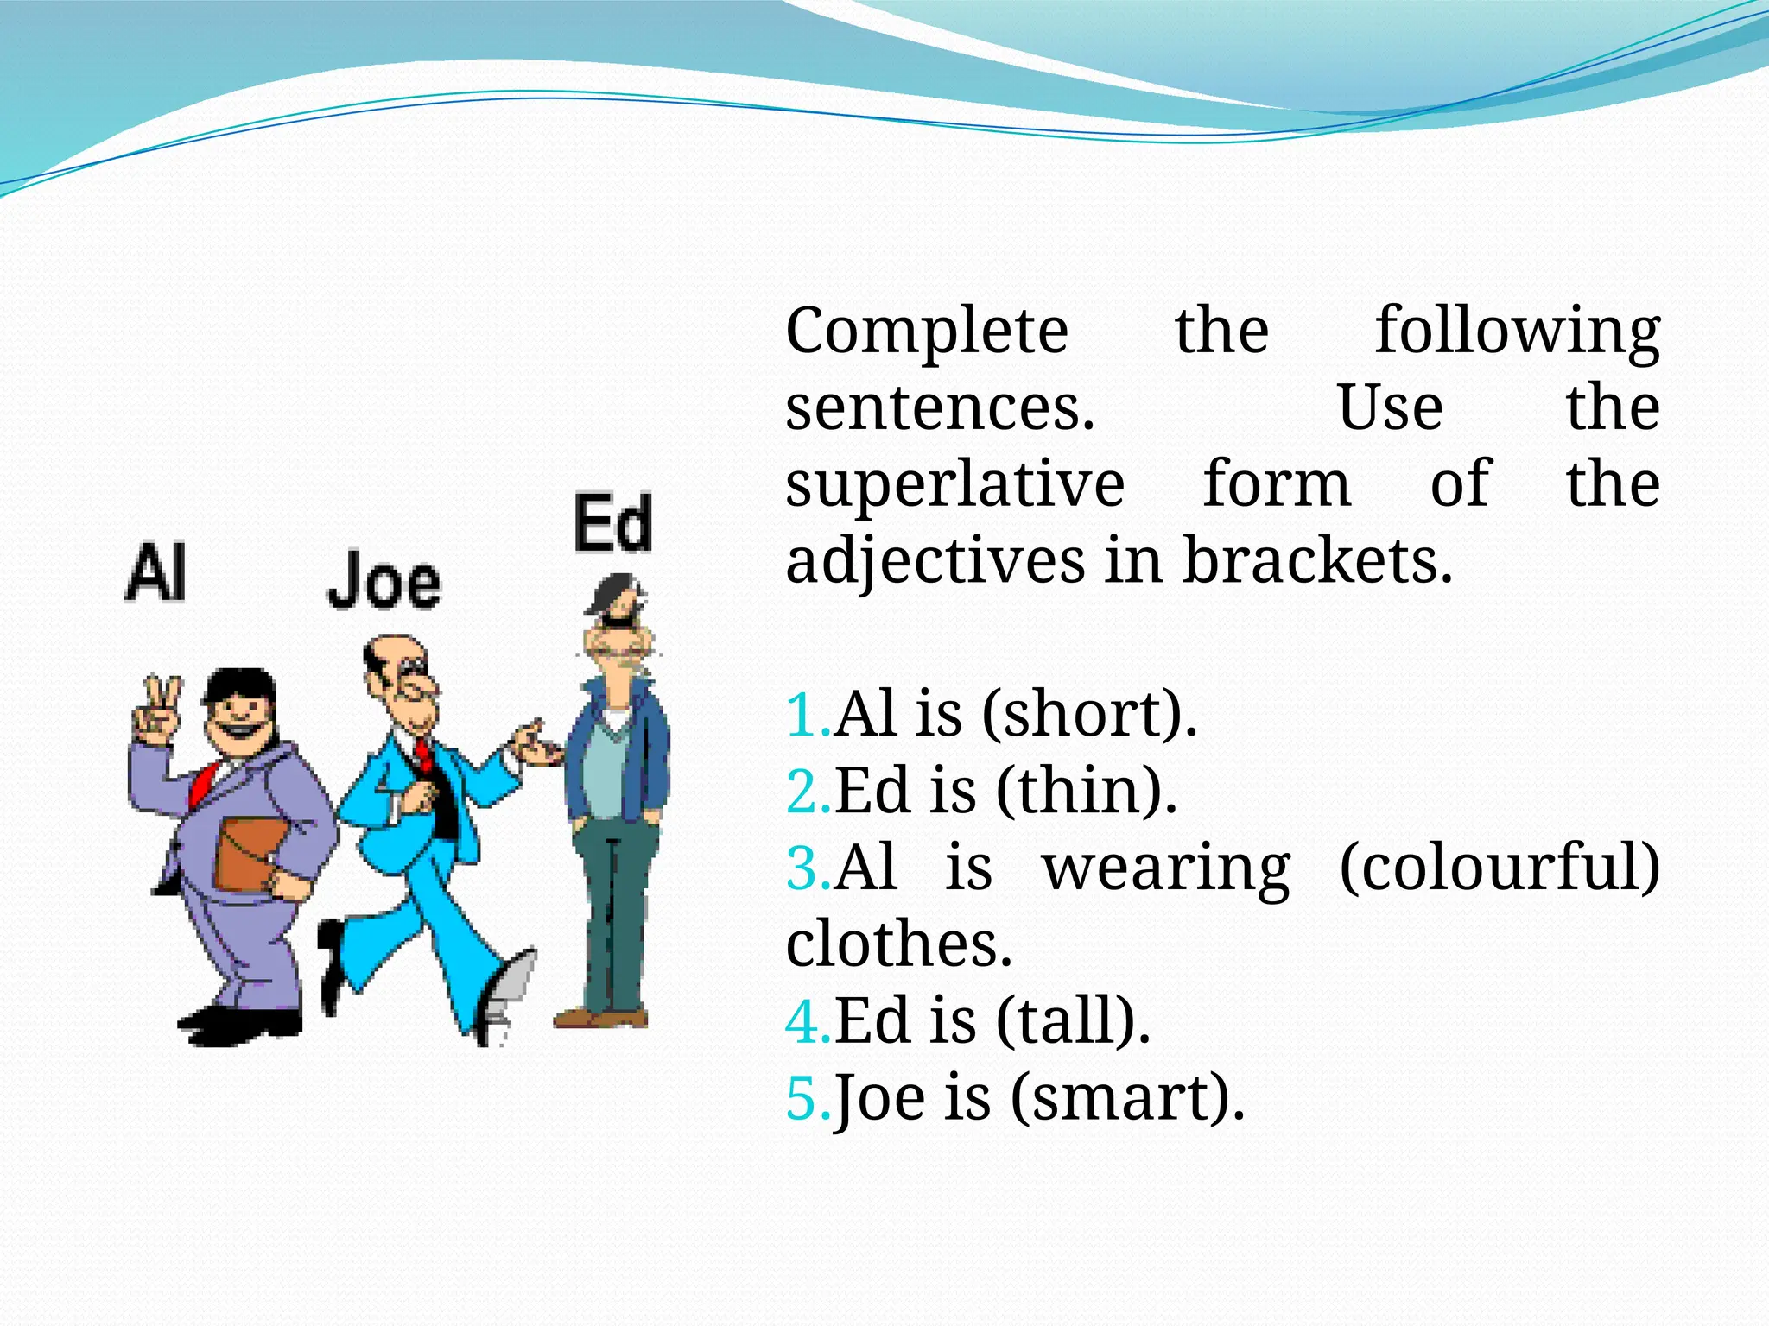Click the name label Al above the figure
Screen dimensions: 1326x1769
[x=156, y=571]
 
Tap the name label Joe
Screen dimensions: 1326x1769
[x=384, y=581]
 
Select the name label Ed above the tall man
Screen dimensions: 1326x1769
[x=613, y=523]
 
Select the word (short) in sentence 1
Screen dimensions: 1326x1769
[x=1090, y=715]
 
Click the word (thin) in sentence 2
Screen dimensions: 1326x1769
[x=1087, y=791]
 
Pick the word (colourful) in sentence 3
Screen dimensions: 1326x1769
[x=1500, y=867]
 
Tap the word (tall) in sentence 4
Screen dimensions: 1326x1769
[x=1074, y=1020]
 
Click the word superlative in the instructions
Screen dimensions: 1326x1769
[x=955, y=485]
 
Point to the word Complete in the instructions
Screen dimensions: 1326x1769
[x=927, y=331]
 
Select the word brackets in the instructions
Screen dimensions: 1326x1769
[x=1317, y=561]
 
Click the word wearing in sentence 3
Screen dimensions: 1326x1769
[x=1166, y=867]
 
